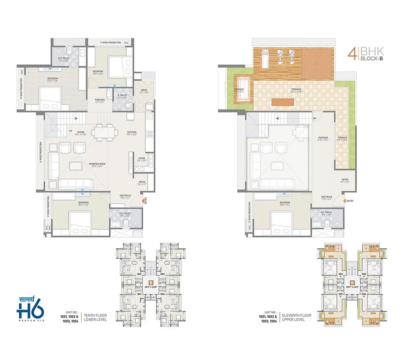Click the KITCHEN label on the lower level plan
pos(132,133)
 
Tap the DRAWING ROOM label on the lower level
pos(97,165)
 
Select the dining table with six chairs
pos(103,133)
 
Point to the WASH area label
pos(144,90)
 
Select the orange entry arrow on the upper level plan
pos(343,201)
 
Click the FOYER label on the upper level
pos(345,180)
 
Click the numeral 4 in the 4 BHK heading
pos(352,55)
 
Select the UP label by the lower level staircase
pos(70,131)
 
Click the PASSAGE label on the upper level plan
pos(323,138)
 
